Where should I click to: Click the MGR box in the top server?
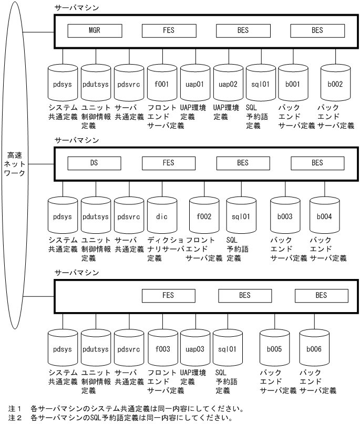95,30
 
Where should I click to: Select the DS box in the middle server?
95,163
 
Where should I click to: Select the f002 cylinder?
203,216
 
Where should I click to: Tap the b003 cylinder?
284,216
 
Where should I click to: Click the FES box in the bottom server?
169,296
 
